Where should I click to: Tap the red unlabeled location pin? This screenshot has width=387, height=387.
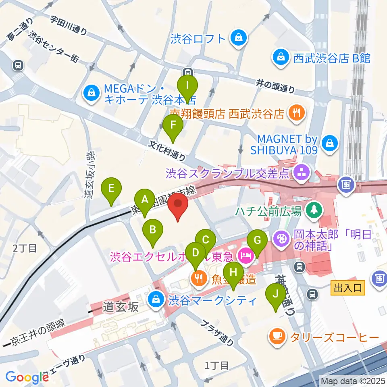click(178, 205)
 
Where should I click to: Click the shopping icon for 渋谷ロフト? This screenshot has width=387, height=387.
click(239, 38)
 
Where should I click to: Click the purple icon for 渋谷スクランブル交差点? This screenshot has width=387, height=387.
click(301, 173)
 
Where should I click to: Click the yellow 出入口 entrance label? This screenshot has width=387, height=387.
click(349, 288)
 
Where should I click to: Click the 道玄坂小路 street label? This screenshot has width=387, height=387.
click(89, 174)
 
